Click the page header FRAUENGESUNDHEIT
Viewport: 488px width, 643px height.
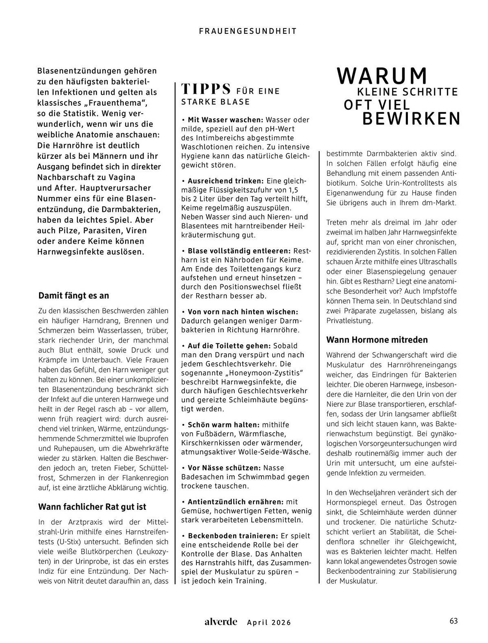248,31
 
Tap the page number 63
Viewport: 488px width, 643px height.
453,621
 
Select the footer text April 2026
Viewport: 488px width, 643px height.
269,622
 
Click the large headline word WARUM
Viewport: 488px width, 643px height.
382,76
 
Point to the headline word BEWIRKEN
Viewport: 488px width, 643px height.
411,119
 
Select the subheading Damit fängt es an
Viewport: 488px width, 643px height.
74,295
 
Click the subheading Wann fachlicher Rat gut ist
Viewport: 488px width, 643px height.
92,507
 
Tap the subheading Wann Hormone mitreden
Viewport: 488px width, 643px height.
377,340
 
